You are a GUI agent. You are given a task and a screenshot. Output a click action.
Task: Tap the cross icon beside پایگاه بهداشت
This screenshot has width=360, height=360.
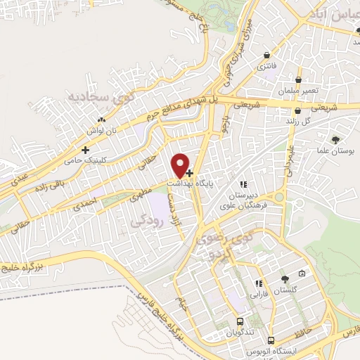tap(190, 171)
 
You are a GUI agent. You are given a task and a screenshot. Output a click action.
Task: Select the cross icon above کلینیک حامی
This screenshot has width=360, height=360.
tap(86, 150)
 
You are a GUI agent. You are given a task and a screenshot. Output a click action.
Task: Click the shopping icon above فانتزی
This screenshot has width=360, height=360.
tap(266, 55)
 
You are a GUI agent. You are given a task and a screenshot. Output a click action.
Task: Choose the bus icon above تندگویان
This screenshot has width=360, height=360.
tap(240, 320)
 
